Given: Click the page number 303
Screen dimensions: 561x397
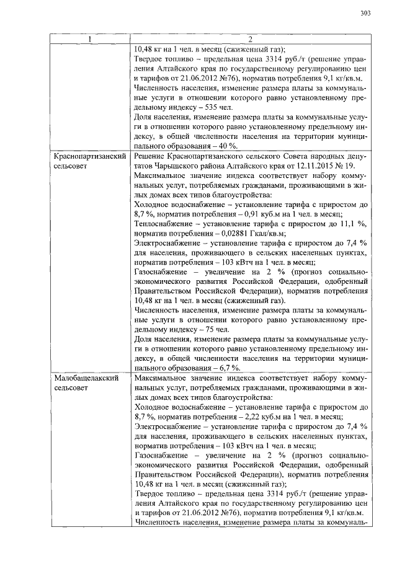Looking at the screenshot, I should click(365, 14).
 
